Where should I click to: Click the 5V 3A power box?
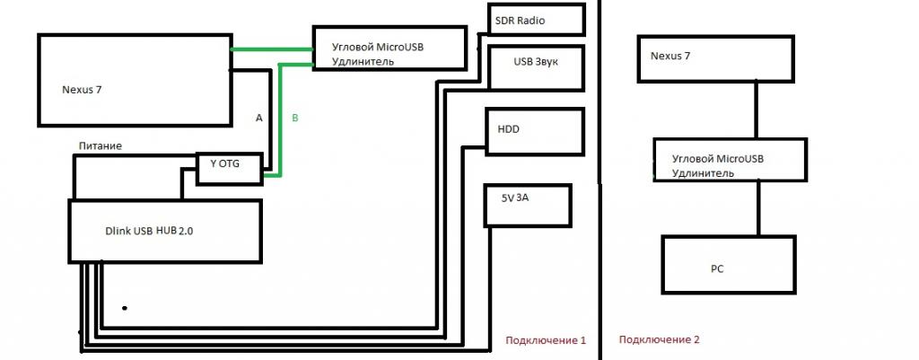coord(526,204)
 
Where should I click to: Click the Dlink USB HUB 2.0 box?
coord(165,232)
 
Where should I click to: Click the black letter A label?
coord(258,119)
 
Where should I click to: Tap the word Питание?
coord(100,145)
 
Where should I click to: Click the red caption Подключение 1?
coord(546,340)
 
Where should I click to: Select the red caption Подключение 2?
coord(659,340)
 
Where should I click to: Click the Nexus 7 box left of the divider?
coord(134,80)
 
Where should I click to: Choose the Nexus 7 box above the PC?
coord(715,58)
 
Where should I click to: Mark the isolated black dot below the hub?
coord(125,308)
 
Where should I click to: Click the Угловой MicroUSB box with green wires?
coord(389,48)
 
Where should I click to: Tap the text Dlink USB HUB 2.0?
coord(149,231)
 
